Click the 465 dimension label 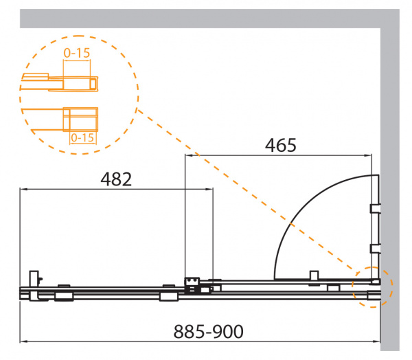(281, 146)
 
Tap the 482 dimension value (116, 179)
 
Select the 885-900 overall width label (208, 332)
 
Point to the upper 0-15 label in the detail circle (77, 53)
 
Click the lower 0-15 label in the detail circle (82, 137)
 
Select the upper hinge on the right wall (375, 209)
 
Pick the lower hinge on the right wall (375, 249)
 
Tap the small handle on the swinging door (314, 276)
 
